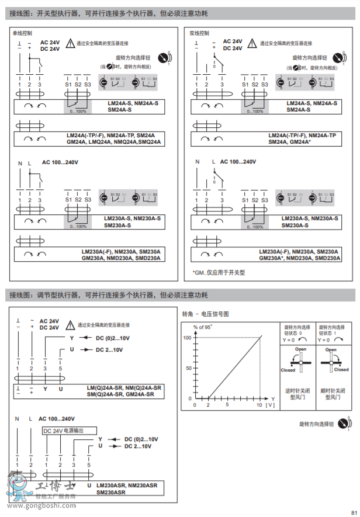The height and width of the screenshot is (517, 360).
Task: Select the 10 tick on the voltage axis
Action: click(259, 404)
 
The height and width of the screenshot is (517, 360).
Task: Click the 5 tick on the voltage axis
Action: click(227, 404)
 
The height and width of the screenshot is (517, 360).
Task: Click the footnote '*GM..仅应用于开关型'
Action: click(219, 272)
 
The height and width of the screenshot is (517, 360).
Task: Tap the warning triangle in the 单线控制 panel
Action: click(71, 43)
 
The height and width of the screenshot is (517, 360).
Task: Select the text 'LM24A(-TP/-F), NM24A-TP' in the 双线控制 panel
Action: click(302, 135)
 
